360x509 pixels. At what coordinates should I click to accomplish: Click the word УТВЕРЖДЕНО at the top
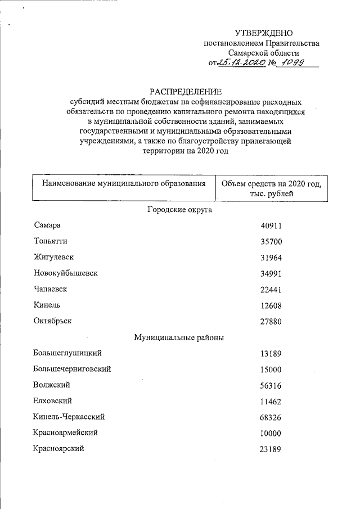[x=263, y=34]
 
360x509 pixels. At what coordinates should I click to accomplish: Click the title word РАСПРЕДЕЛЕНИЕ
[x=186, y=91]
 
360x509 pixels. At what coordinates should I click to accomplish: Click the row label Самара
[x=47, y=226]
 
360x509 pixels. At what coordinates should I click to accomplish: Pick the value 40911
[x=271, y=226]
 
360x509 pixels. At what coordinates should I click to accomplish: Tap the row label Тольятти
[x=50, y=241]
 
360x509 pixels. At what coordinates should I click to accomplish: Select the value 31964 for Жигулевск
[x=271, y=258]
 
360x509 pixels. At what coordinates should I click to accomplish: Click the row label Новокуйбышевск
[x=65, y=273]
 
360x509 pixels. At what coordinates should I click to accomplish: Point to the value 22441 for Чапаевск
[x=271, y=290]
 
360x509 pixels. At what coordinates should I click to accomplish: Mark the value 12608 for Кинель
[x=271, y=305]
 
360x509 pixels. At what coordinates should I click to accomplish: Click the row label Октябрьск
[x=53, y=321]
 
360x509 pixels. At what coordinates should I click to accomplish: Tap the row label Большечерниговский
[x=71, y=370]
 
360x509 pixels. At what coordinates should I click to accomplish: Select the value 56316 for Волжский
[x=271, y=386]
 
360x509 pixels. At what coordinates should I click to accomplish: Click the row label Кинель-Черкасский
[x=69, y=417]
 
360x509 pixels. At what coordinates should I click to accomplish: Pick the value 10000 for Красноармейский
[x=271, y=434]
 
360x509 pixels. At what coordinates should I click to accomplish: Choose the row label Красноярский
[x=60, y=449]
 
